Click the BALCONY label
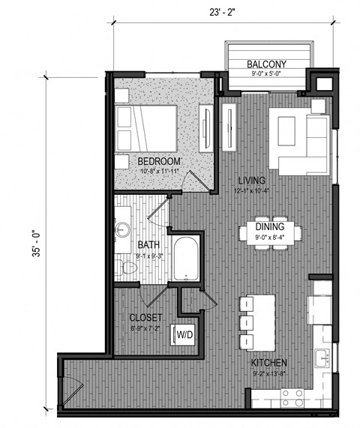click(268, 64)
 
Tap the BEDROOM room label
click(159, 161)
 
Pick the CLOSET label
click(145, 317)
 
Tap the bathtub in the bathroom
click(185, 259)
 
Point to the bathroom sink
click(123, 228)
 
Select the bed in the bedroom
click(146, 127)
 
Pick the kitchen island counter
click(258, 313)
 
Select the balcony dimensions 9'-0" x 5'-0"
click(268, 74)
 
